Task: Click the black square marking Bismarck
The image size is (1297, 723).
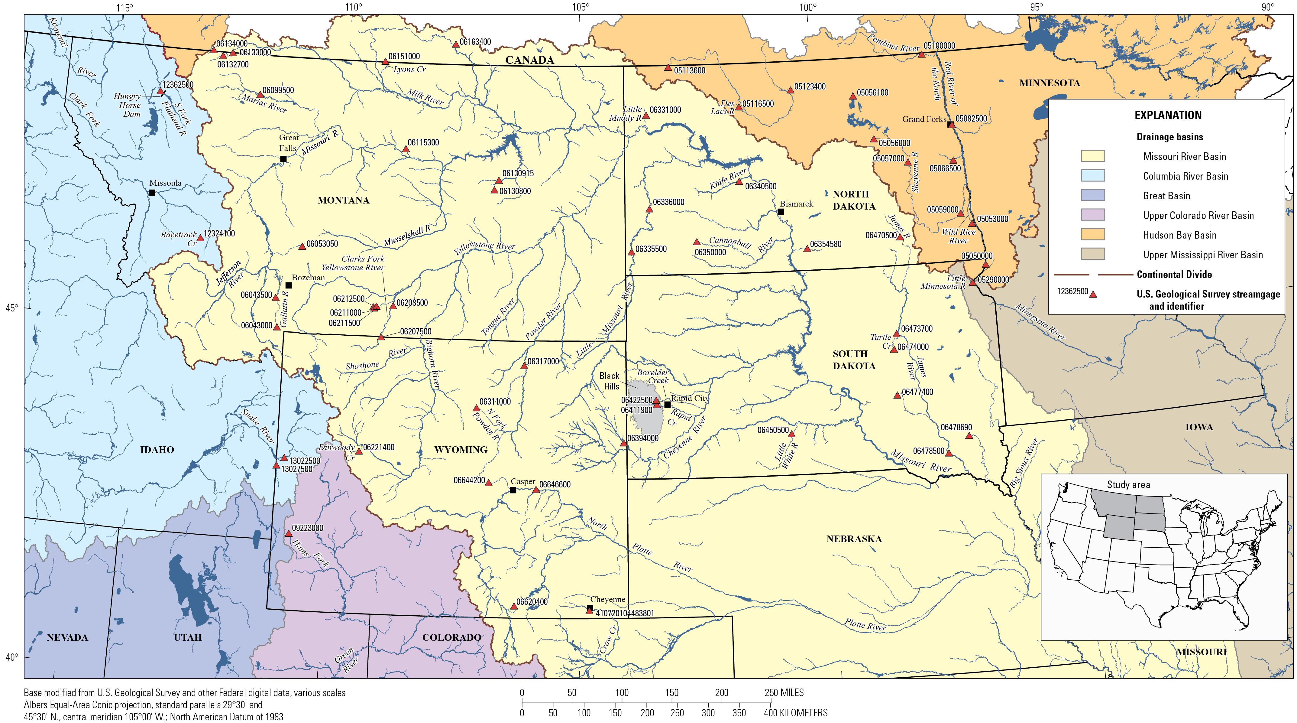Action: pyautogui.click(x=781, y=212)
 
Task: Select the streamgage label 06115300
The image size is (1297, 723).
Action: pyautogui.click(x=423, y=143)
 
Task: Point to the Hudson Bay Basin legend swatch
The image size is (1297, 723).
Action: pyautogui.click(x=1093, y=235)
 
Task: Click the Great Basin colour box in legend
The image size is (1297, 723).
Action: pyautogui.click(x=1093, y=195)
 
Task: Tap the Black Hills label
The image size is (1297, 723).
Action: pyautogui.click(x=610, y=381)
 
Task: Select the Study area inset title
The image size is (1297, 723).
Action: pyautogui.click(x=1128, y=485)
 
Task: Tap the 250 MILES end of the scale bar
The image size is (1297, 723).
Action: pyautogui.click(x=784, y=693)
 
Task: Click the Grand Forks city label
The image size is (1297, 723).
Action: pyautogui.click(x=924, y=119)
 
